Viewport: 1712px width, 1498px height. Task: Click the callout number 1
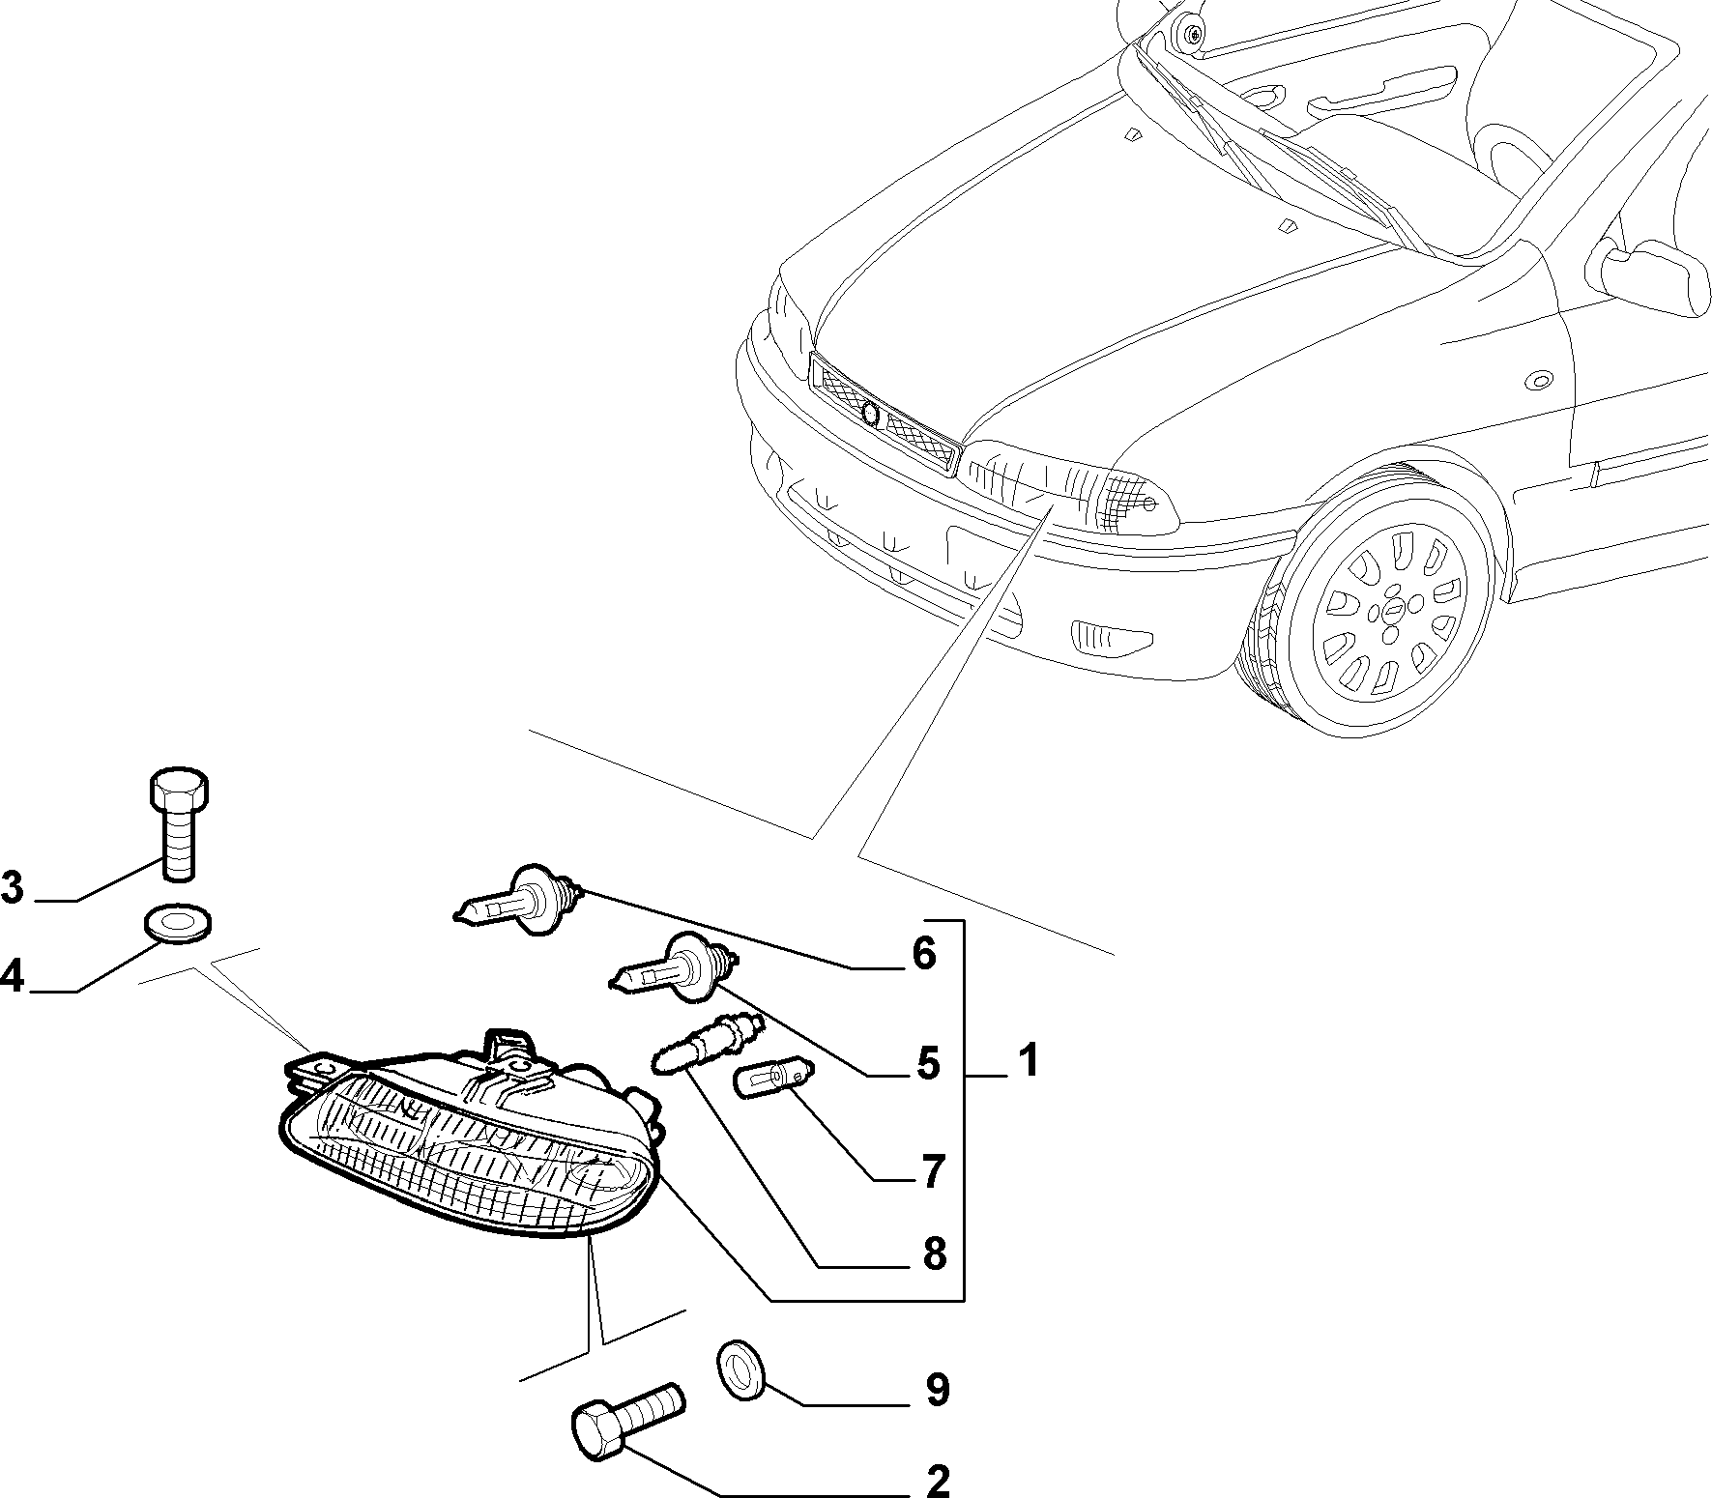tap(1027, 1060)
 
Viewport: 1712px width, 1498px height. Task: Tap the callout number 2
tap(937, 1480)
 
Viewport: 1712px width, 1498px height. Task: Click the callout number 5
tap(928, 1064)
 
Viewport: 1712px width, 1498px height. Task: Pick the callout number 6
tap(924, 954)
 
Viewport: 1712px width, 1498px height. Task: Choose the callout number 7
tap(931, 1172)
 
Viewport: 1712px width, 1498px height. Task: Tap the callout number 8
tap(934, 1254)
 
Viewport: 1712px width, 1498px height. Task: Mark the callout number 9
tap(936, 1390)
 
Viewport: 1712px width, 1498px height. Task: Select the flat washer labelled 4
tap(179, 922)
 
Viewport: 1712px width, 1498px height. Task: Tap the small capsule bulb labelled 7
tap(776, 1079)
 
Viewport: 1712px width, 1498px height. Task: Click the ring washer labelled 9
tap(740, 1369)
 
